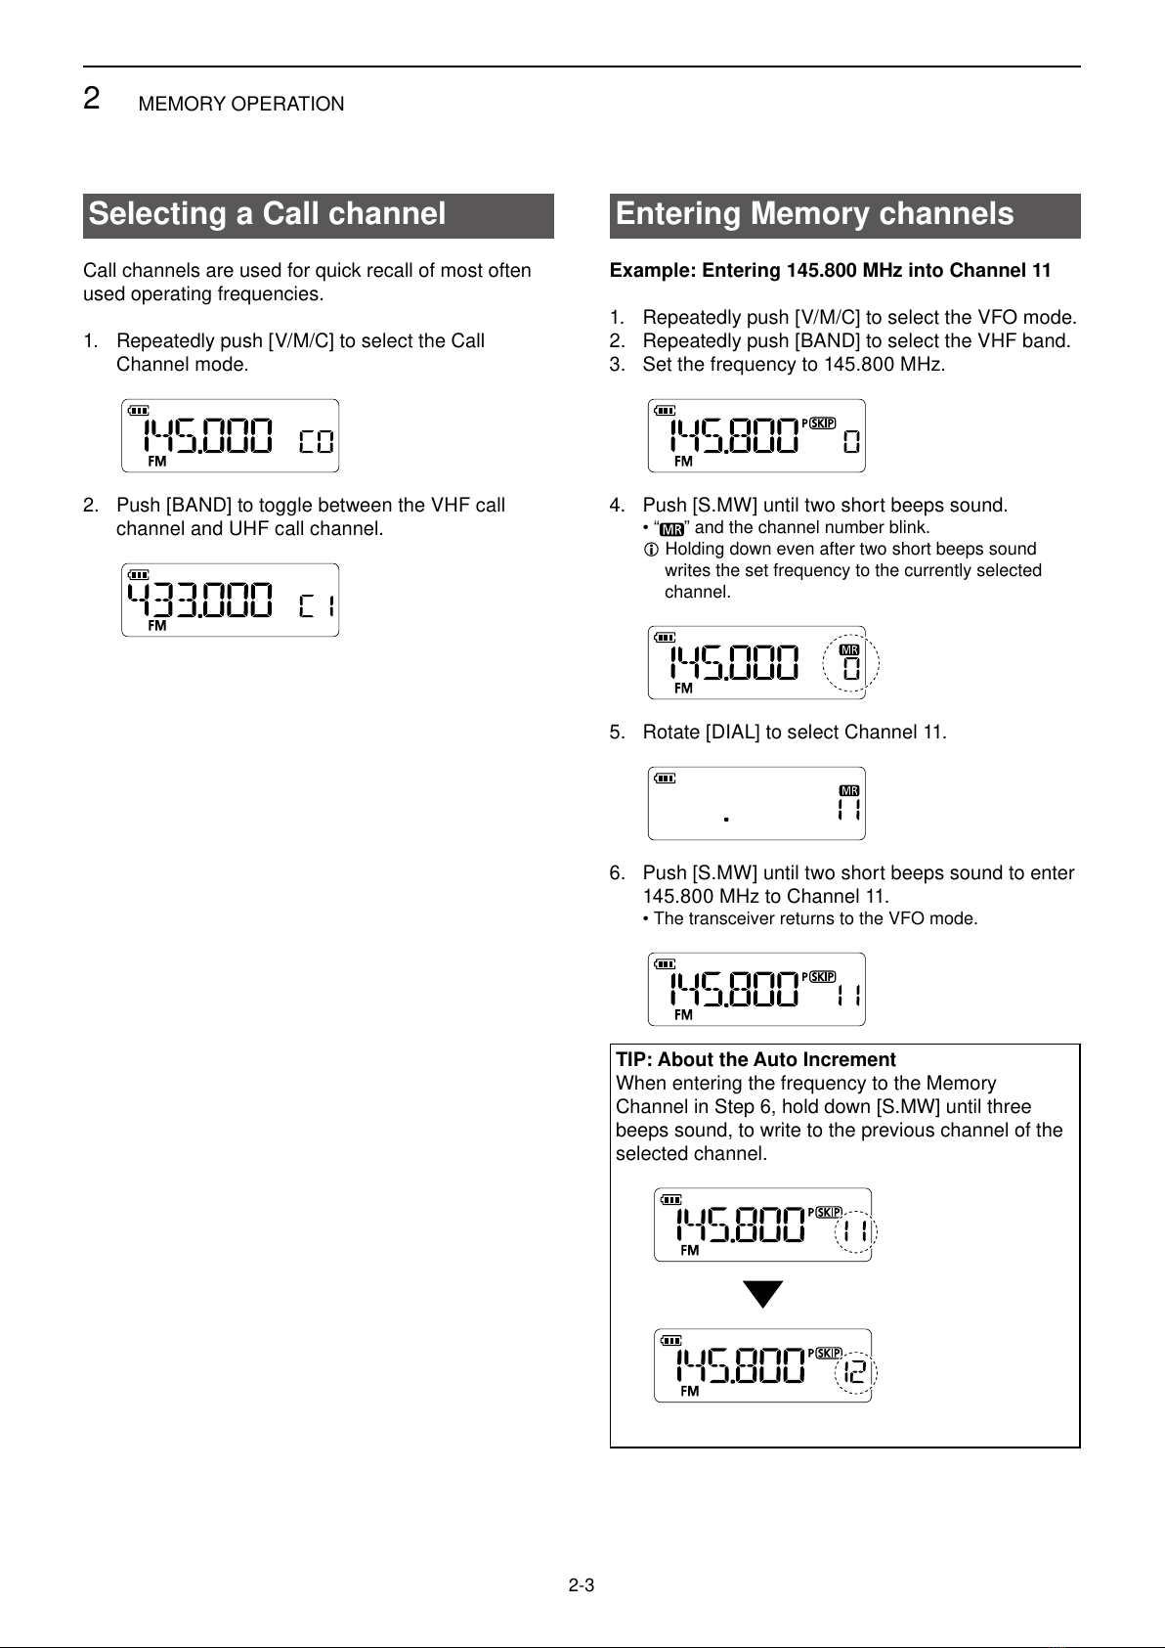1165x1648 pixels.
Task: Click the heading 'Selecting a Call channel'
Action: click(267, 214)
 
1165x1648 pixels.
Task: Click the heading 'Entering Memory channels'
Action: click(814, 214)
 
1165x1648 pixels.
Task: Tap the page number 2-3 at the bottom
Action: click(582, 1585)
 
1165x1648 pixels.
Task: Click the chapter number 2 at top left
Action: click(91, 99)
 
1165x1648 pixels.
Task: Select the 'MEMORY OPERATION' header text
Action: click(241, 104)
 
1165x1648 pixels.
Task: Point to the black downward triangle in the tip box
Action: click(762, 1294)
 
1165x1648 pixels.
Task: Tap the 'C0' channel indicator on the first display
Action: click(316, 442)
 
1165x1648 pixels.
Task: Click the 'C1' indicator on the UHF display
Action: click(316, 606)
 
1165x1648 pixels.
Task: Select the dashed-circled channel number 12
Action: click(854, 1372)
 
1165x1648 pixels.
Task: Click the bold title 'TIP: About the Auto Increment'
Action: click(755, 1059)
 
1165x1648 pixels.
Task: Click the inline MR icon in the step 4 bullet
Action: click(671, 529)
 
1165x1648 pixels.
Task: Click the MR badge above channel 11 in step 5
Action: click(849, 790)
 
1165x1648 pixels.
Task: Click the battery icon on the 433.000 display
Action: click(139, 575)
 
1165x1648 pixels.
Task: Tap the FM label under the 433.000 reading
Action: click(156, 625)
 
